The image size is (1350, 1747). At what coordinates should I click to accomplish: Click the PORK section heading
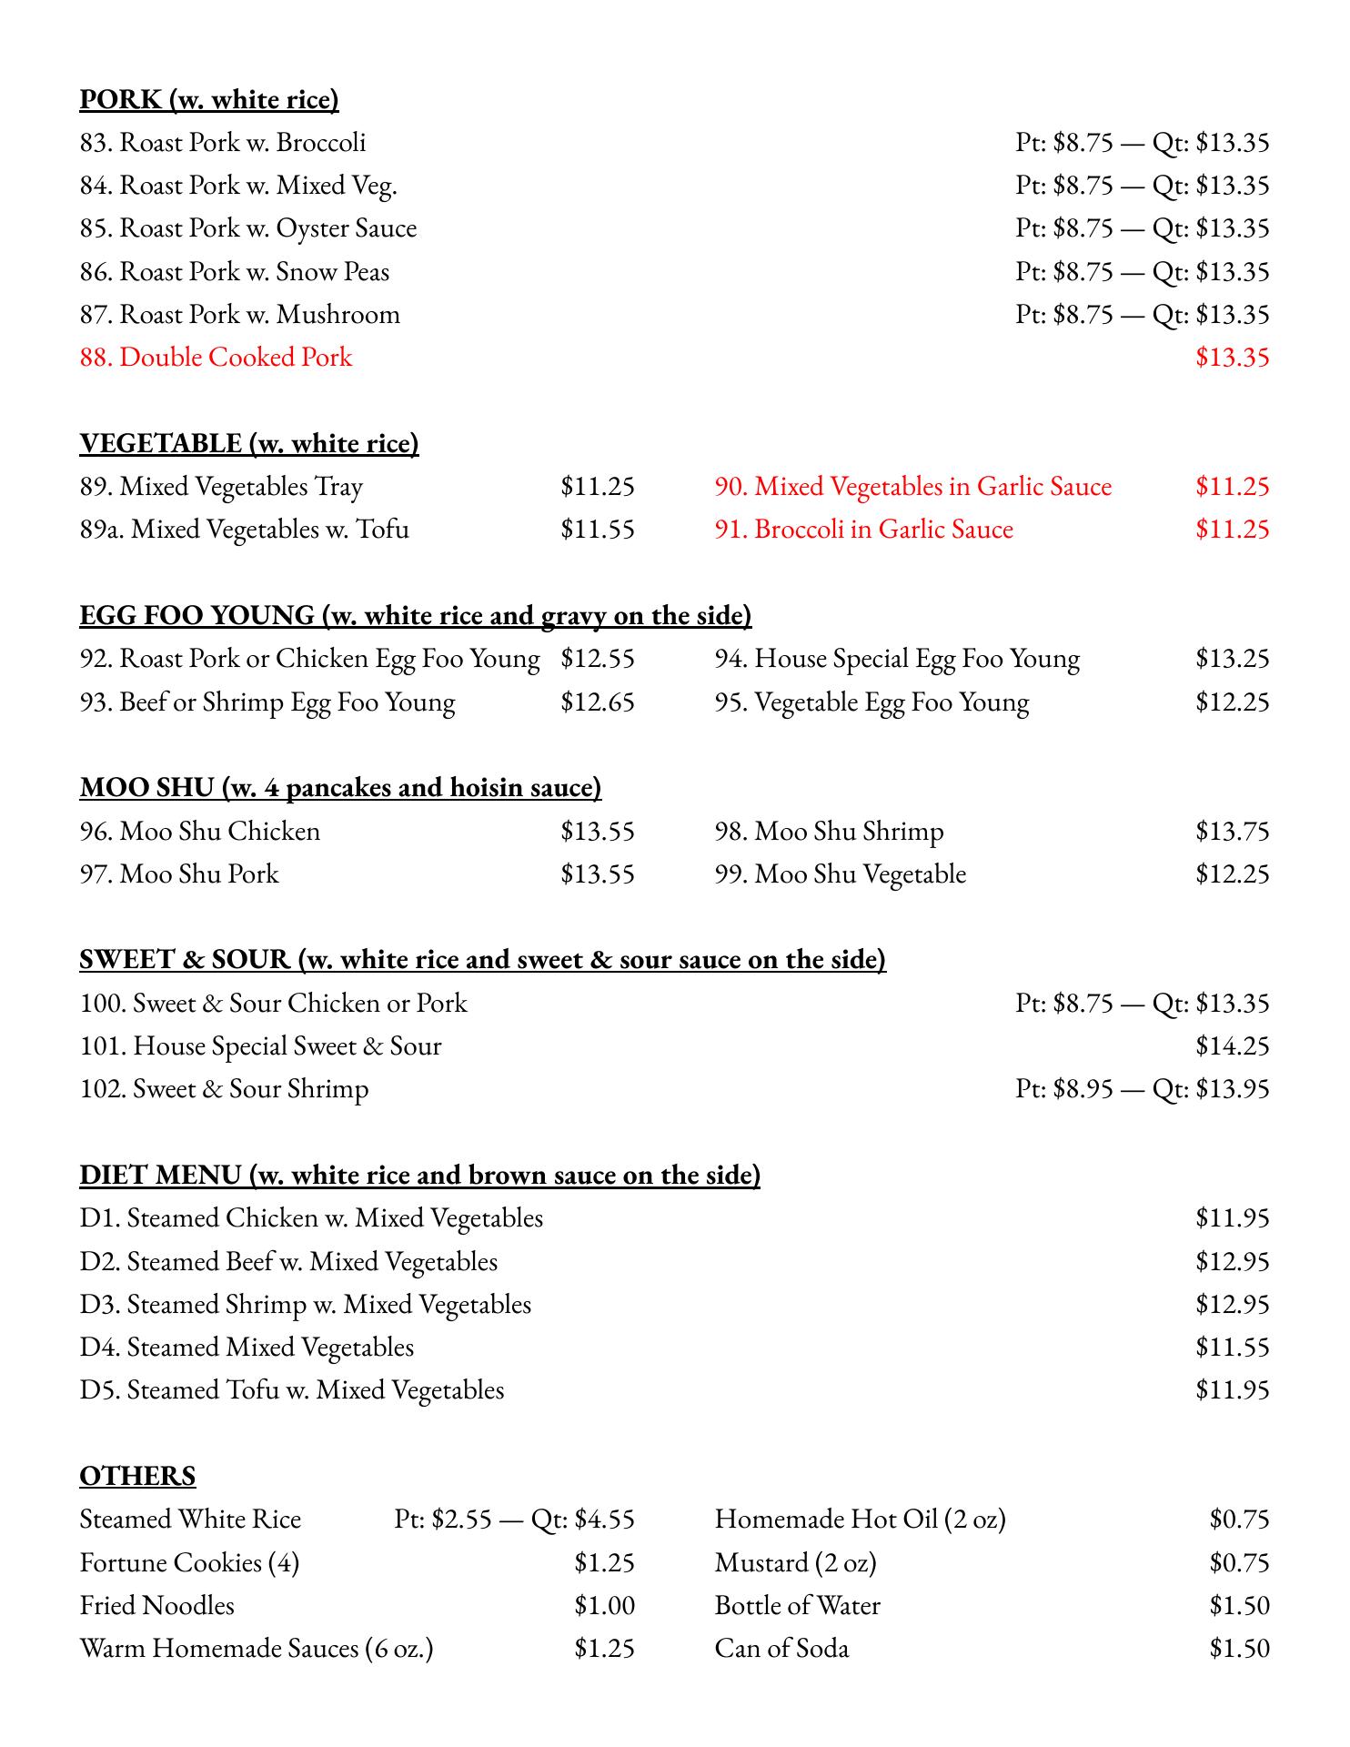pos(209,99)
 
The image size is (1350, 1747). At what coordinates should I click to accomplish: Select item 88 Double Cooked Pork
pos(216,357)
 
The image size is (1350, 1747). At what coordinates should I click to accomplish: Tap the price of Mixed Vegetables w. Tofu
pos(597,529)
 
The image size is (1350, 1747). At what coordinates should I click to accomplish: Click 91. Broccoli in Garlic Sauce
pos(863,529)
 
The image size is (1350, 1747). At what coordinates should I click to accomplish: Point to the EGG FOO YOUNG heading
pos(415,616)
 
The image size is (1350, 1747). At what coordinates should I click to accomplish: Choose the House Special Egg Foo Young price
pos(1232,659)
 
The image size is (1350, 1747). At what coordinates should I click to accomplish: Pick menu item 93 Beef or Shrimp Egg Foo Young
pos(267,702)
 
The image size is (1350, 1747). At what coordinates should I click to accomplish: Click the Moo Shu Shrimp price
pos(1232,831)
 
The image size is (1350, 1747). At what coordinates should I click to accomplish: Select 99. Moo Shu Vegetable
pos(840,874)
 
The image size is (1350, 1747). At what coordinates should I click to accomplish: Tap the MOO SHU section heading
pos(340,787)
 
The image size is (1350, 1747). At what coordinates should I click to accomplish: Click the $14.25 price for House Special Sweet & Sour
pos(1232,1046)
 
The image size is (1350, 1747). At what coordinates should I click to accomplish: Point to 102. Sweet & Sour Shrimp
pos(224,1089)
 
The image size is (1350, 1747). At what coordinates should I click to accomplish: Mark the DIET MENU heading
pos(419,1176)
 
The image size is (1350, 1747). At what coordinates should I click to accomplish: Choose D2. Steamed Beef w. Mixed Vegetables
pos(288,1262)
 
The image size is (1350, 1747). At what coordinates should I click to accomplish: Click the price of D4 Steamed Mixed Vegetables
pos(1232,1348)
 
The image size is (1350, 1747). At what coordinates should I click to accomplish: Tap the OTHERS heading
pos(137,1476)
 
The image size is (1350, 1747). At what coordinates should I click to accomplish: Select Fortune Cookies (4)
pos(189,1563)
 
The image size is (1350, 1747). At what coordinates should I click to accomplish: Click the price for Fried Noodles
pos(604,1606)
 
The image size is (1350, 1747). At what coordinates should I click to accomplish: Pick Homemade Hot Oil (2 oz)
pos(860,1520)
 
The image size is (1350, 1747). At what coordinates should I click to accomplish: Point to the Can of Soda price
pos(1239,1649)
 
